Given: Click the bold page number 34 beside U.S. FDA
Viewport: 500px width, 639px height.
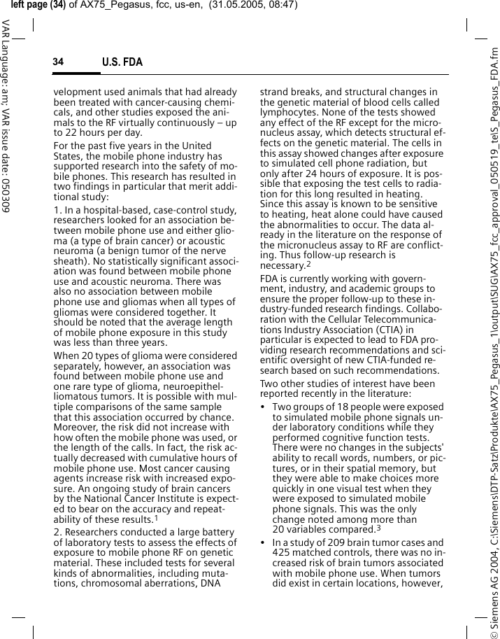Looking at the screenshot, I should pos(58,62).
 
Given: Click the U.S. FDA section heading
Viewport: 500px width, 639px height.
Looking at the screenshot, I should pos(122,62).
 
